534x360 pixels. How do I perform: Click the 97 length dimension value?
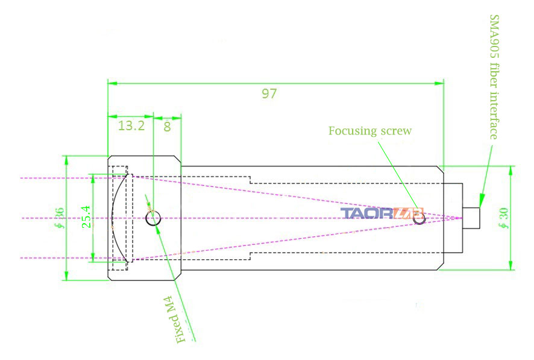pyautogui.click(x=269, y=93)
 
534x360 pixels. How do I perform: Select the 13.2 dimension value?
pyautogui.click(x=131, y=125)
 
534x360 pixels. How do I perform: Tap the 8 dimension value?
pyautogui.click(x=167, y=127)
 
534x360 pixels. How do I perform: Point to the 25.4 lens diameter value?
pyautogui.click(x=87, y=216)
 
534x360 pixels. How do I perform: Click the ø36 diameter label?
pyautogui.click(x=59, y=218)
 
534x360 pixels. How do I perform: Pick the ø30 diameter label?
pyautogui.click(x=503, y=218)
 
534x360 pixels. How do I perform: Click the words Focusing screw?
pyautogui.click(x=370, y=131)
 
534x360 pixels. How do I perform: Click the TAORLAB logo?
pyautogui.click(x=382, y=213)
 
